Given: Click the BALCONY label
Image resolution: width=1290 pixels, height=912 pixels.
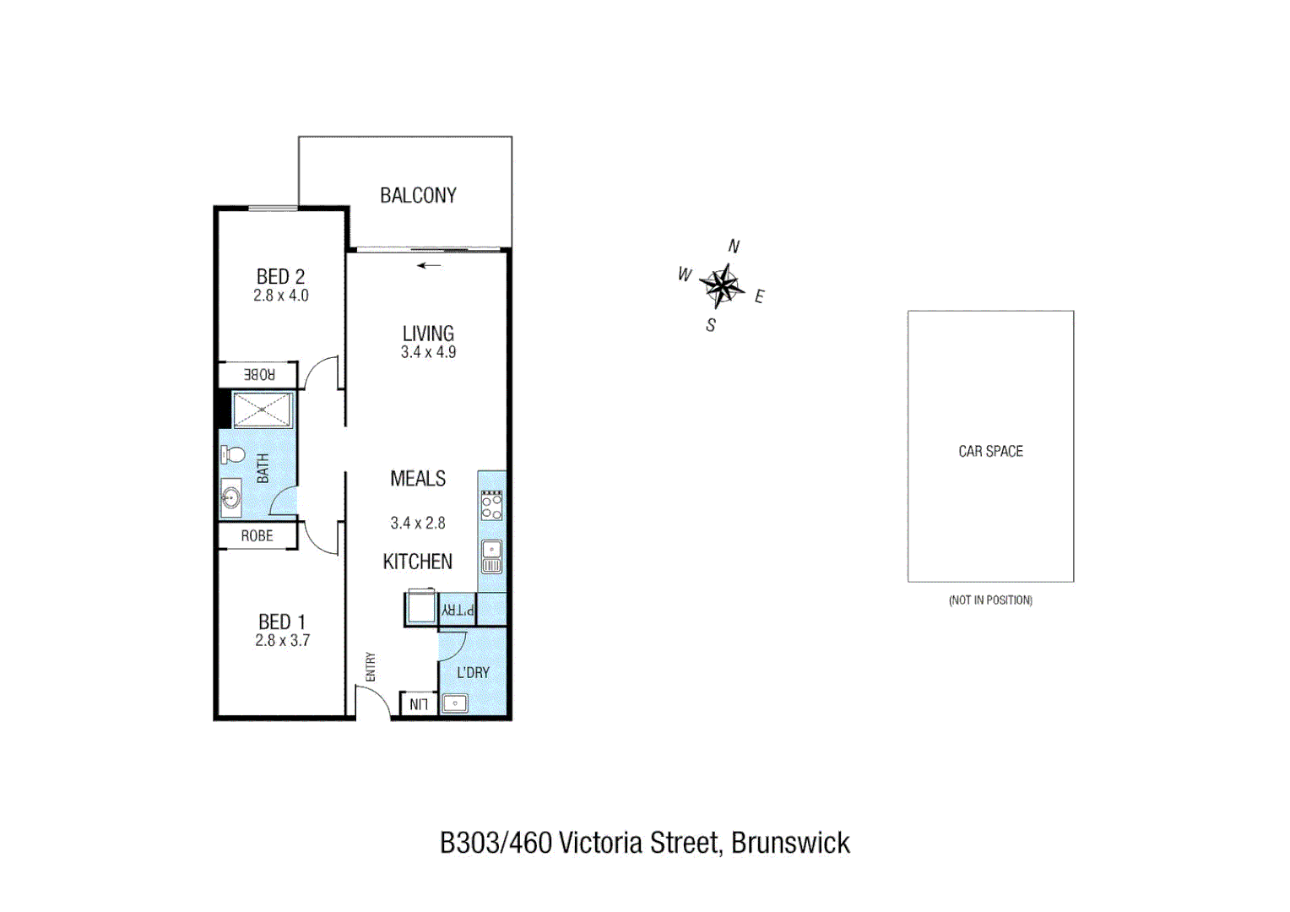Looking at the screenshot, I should pyautogui.click(x=418, y=196).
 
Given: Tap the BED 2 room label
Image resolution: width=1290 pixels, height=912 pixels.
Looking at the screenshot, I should pyautogui.click(x=280, y=276).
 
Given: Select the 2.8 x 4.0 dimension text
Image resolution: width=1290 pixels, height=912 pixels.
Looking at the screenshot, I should pyautogui.click(x=280, y=296).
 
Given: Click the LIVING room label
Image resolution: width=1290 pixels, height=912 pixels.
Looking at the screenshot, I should pyautogui.click(x=428, y=334).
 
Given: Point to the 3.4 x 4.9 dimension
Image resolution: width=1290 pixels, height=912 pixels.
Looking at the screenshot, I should pyautogui.click(x=428, y=352).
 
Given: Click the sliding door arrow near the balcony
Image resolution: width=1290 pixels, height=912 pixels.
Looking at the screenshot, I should pyautogui.click(x=430, y=265).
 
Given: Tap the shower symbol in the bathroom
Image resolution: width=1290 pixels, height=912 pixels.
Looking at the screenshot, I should pyautogui.click(x=263, y=410).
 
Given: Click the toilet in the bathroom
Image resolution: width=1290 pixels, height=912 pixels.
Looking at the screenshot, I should pyautogui.click(x=232, y=455).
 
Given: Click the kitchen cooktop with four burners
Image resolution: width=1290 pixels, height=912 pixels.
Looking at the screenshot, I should pyautogui.click(x=491, y=505).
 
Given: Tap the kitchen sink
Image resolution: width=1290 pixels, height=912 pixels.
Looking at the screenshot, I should pyautogui.click(x=491, y=556).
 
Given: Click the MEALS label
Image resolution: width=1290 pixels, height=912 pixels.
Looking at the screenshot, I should pyautogui.click(x=418, y=479).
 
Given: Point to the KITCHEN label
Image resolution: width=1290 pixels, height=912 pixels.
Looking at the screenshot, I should pyautogui.click(x=418, y=562).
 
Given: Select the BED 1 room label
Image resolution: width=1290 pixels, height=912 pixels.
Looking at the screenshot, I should pyautogui.click(x=282, y=622).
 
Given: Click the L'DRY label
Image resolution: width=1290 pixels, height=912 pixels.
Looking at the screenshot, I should pyautogui.click(x=473, y=672).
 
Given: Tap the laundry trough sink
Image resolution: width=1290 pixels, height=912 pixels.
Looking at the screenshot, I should pyautogui.click(x=455, y=703).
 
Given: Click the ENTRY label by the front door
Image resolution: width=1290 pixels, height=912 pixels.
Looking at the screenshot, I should pyautogui.click(x=371, y=667).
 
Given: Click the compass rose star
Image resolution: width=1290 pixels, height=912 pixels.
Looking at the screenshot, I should pyautogui.click(x=722, y=285).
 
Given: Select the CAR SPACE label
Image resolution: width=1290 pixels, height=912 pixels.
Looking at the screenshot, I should pyautogui.click(x=990, y=452).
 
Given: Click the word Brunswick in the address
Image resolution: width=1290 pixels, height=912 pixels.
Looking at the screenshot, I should pyautogui.click(x=790, y=843).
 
